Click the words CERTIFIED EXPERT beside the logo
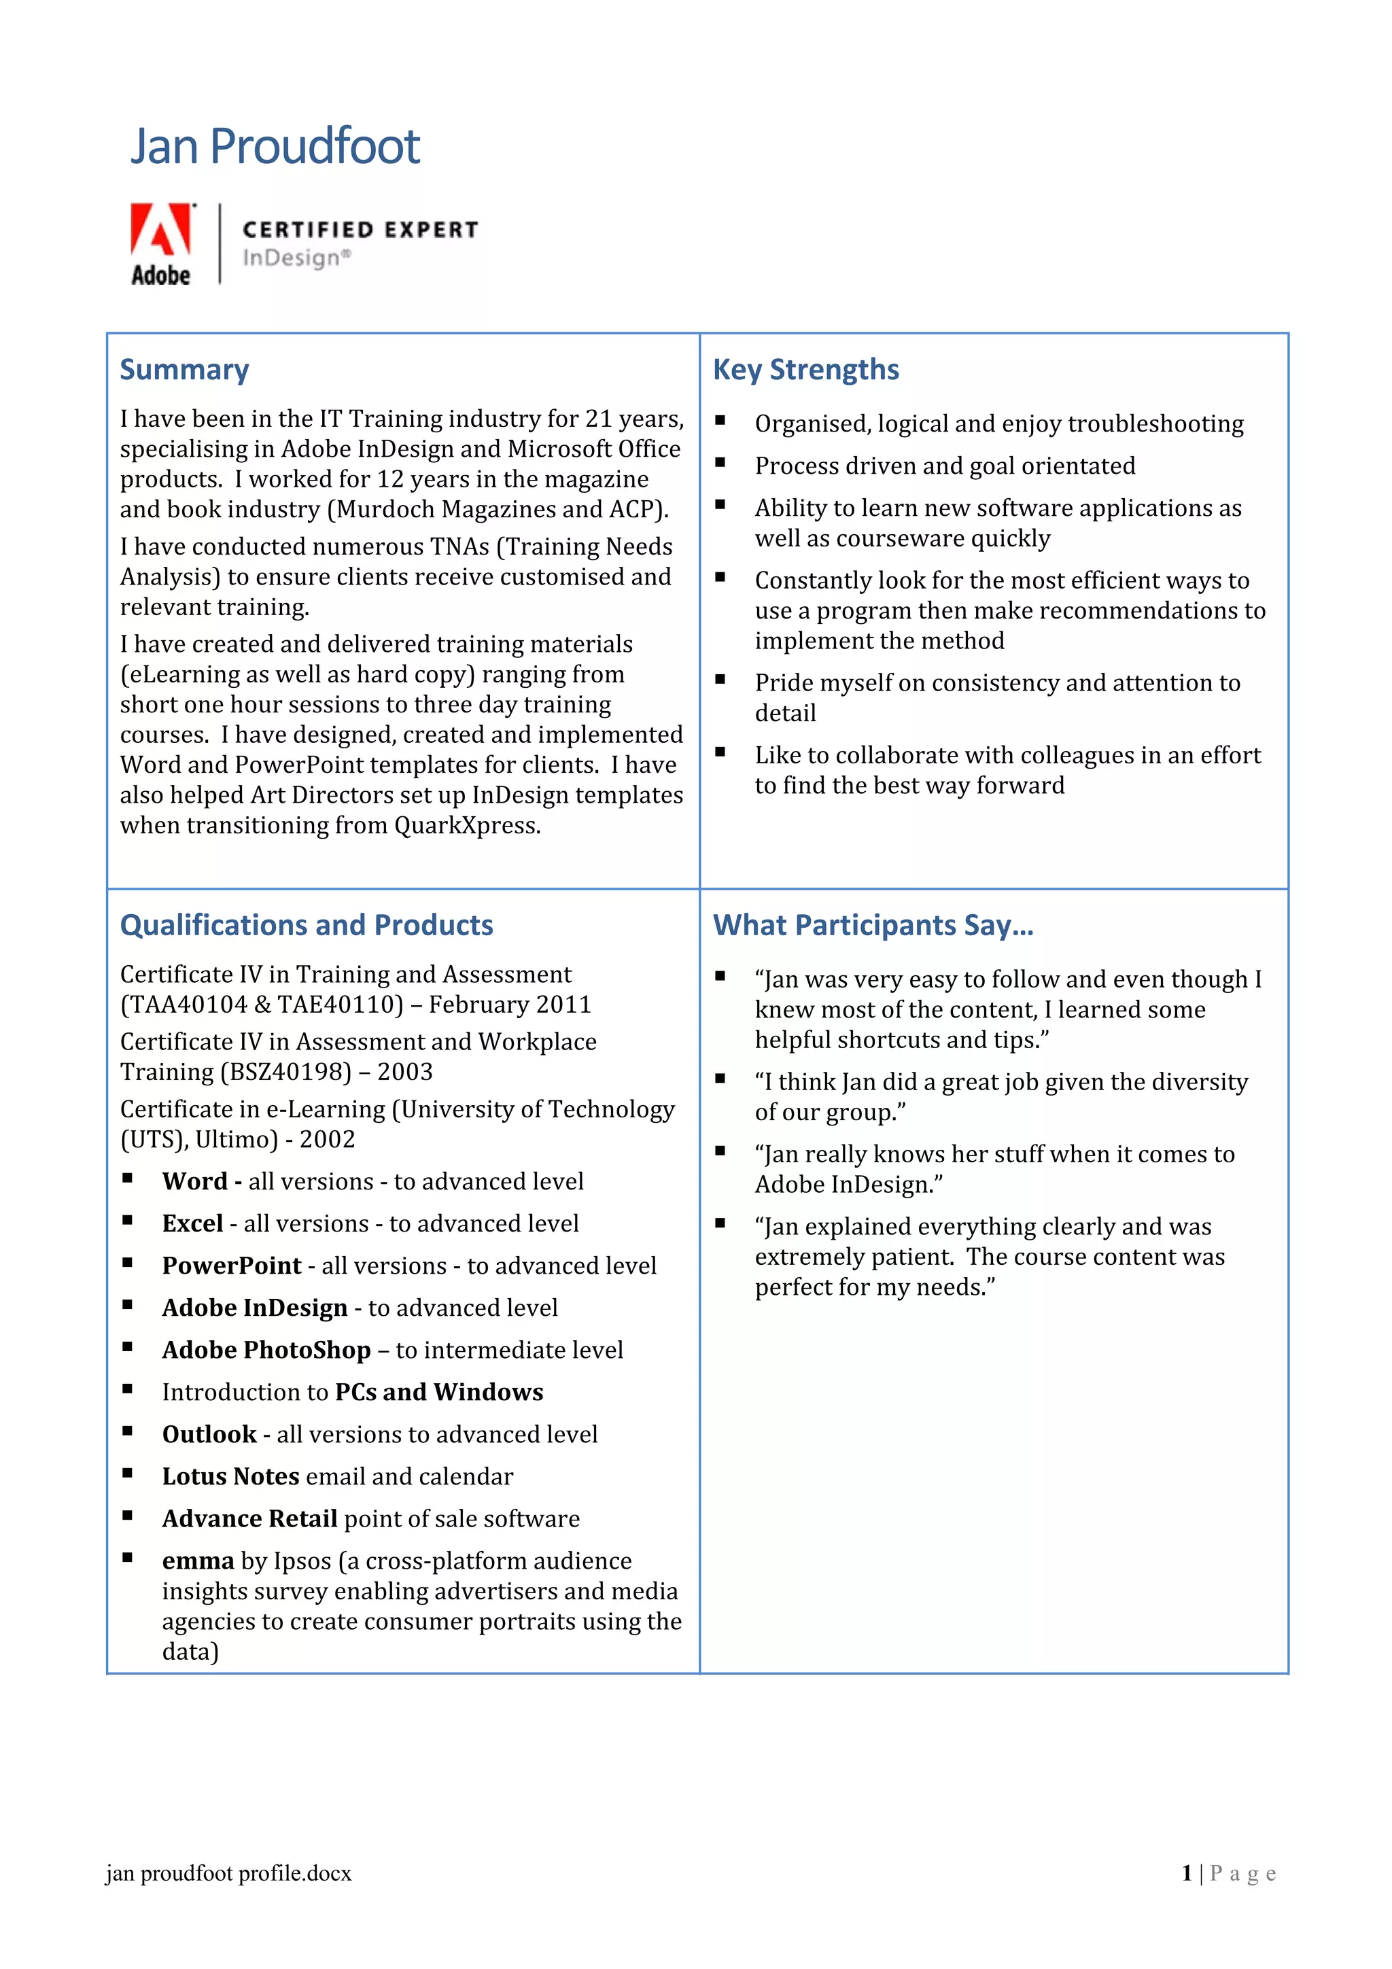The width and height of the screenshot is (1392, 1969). coord(360,230)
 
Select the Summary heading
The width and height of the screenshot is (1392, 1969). coord(184,370)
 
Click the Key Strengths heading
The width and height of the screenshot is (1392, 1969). coord(805,370)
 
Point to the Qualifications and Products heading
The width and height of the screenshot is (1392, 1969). coord(306,925)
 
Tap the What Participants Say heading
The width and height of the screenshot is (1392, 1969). coord(873,925)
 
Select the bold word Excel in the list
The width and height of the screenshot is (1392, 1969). coord(192,1224)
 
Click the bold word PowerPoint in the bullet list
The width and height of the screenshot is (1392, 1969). coord(232,1266)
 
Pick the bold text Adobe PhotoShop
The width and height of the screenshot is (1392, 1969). coord(266,1350)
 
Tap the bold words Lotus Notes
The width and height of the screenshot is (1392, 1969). coord(230,1477)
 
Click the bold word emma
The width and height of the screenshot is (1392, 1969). coord(197,1561)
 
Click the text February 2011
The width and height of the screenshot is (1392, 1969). coord(510,1005)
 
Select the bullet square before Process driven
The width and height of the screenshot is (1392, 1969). coord(720,463)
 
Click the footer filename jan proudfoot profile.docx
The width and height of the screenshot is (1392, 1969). coord(228,1874)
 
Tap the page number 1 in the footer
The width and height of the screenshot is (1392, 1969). coord(1186,1874)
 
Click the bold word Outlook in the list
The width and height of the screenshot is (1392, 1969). coord(209,1435)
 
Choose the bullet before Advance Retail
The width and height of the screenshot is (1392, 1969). coord(127,1516)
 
